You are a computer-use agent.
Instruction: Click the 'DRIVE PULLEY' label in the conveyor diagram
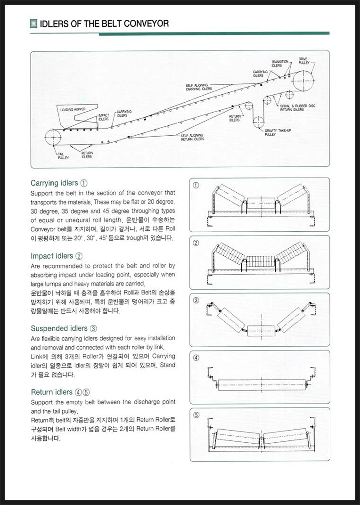tap(303, 61)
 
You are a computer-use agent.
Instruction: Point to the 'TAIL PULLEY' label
tap(63, 156)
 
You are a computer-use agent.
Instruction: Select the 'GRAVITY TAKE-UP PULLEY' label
tap(277, 132)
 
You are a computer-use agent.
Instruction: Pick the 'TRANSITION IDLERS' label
tap(279, 64)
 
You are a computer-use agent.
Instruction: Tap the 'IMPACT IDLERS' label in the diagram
tap(104, 117)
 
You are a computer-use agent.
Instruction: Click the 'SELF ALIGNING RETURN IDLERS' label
tap(192, 137)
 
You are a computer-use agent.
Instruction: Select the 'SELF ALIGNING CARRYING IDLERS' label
tap(198, 87)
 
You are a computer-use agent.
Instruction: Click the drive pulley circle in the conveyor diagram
tap(303, 80)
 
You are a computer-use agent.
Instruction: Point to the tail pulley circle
tap(53, 138)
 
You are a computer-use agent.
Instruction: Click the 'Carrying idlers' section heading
tap(54, 183)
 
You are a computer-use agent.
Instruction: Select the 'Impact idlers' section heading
tap(52, 256)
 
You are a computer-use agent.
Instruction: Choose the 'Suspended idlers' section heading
tap(59, 328)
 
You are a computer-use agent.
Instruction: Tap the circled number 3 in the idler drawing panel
tap(196, 300)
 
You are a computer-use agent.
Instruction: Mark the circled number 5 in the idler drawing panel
tap(196, 415)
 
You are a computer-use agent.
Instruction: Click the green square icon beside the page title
tap(33, 24)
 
